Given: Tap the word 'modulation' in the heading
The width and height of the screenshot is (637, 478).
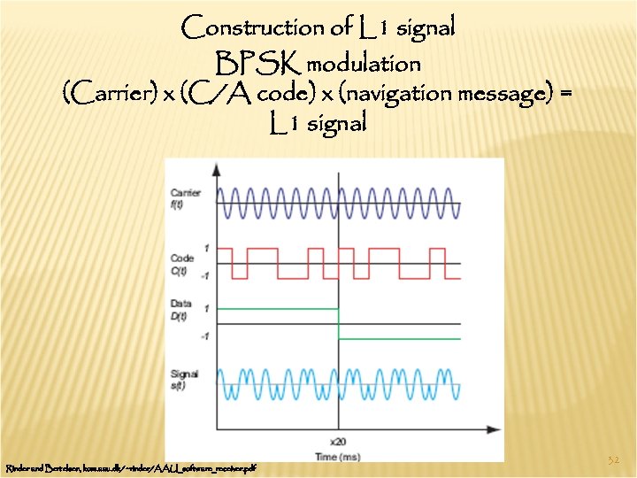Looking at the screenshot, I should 365,65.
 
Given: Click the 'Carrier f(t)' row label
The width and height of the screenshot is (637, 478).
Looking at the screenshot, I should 187,198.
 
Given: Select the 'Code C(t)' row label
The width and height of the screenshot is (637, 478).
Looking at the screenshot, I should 182,264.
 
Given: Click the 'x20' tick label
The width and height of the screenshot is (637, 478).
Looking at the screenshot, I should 337,440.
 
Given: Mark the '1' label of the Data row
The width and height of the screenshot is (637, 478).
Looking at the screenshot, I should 206,308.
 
